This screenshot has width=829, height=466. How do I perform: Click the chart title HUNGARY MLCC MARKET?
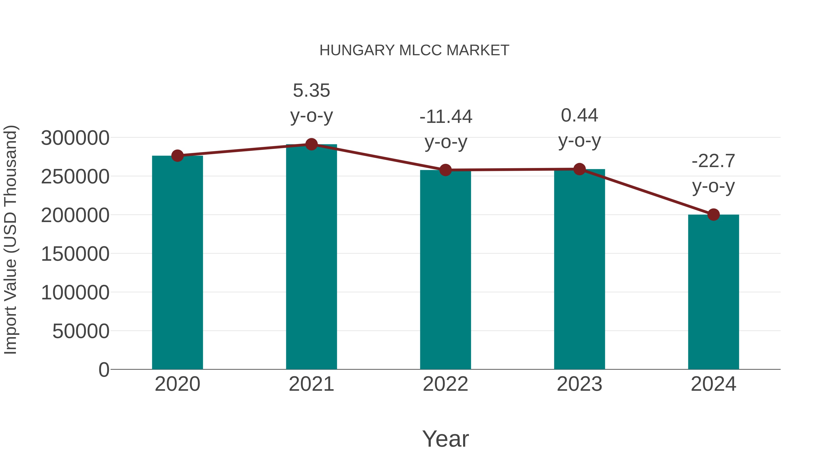click(414, 50)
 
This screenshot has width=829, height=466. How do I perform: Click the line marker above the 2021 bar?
click(311, 144)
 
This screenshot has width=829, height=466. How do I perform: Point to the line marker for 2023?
click(579, 169)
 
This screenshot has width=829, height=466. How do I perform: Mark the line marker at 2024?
click(713, 214)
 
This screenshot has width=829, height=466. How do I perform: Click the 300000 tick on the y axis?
click(75, 138)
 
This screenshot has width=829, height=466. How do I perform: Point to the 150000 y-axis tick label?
click(75, 254)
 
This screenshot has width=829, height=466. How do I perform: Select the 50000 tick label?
click(81, 331)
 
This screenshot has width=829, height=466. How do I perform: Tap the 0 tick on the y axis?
click(104, 370)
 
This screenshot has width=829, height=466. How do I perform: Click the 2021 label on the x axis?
click(311, 384)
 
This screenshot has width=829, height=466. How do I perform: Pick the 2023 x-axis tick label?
click(579, 384)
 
